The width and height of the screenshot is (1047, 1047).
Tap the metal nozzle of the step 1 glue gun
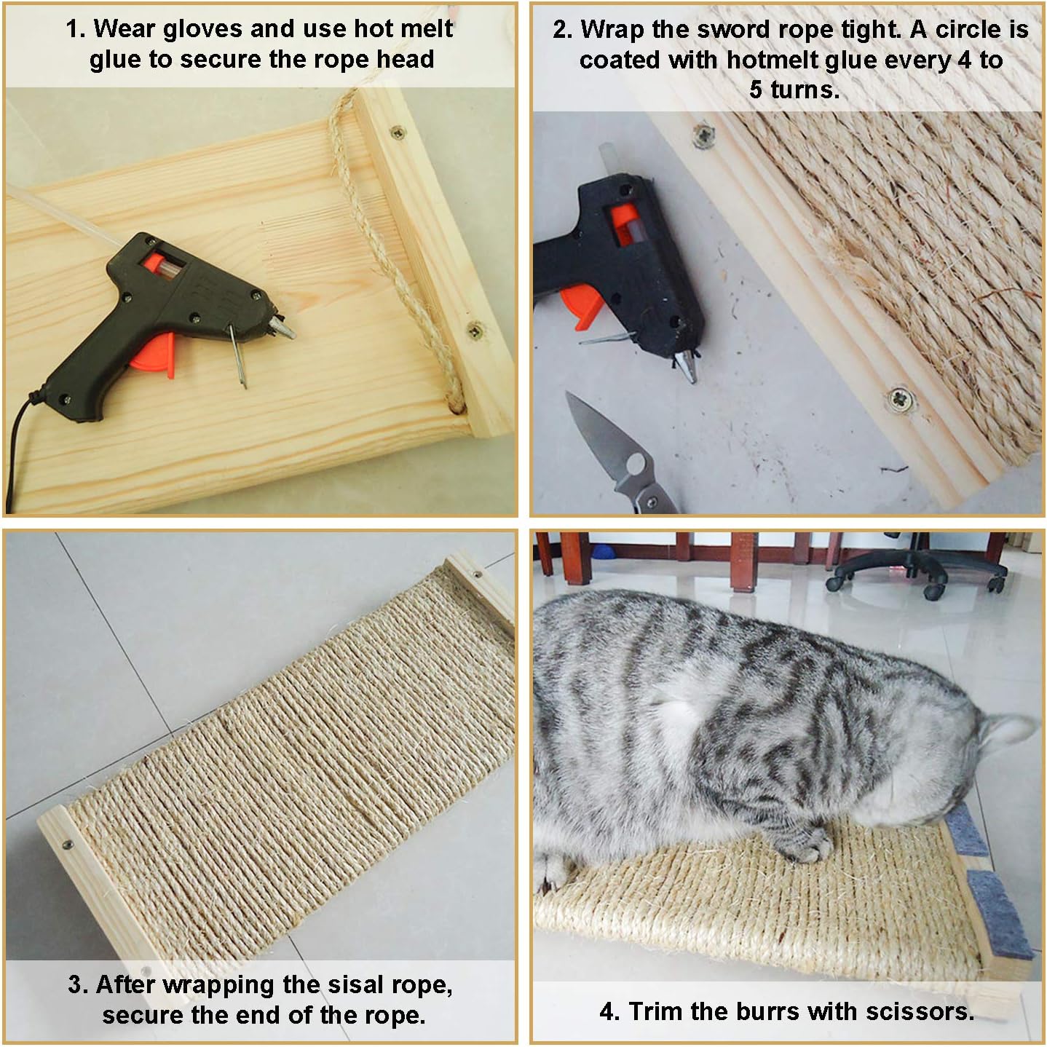[x=284, y=326]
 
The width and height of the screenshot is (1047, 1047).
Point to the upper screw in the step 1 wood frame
[x=397, y=132]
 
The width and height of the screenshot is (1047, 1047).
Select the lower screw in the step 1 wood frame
[x=475, y=330]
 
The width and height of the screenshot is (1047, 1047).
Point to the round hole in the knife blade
[x=635, y=464]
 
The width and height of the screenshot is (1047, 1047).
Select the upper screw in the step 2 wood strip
[x=703, y=134]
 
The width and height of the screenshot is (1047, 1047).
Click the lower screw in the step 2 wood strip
[x=901, y=401]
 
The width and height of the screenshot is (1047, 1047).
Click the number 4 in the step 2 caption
[x=964, y=60]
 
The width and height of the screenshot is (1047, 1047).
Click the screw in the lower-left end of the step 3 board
[x=68, y=845]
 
